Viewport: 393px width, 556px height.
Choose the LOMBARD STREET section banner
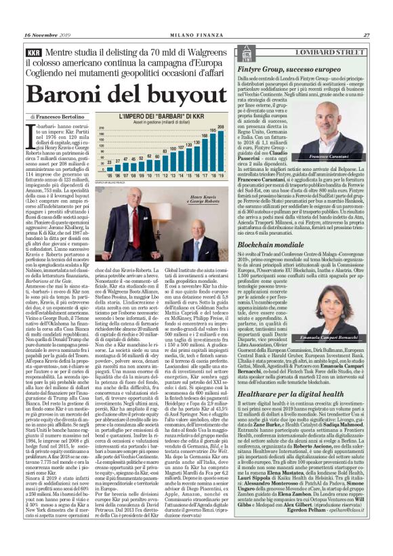(331, 52)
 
